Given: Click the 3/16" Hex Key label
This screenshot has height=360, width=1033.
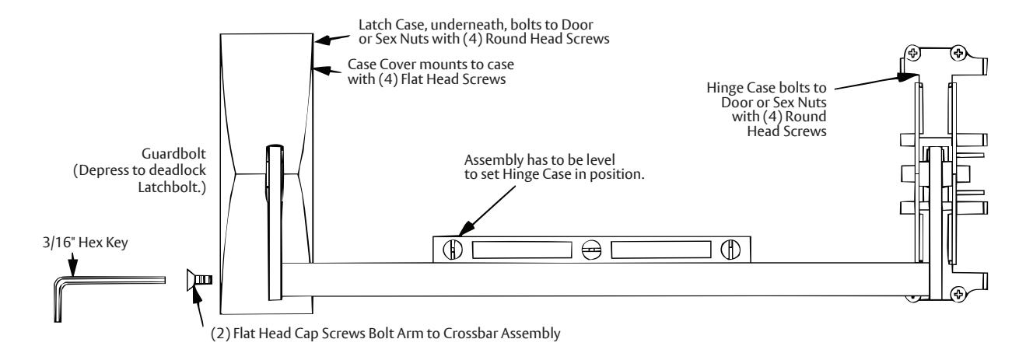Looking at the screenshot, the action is pos(86,243).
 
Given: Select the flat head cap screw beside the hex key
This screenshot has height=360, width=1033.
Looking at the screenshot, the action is pos(199,280).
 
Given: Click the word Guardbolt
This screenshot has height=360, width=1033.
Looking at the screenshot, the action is pos(173,153).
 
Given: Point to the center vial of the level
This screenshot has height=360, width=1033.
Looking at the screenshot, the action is pos(591,250).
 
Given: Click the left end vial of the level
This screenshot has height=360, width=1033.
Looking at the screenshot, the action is pos(453,250).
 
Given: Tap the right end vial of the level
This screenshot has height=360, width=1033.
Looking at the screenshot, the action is pos(730,250).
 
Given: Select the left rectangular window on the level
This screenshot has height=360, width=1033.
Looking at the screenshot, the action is pos(522,250).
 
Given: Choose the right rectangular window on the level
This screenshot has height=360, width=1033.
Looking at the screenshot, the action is pos(661,250).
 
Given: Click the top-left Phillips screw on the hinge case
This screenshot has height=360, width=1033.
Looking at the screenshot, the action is pos(912,53).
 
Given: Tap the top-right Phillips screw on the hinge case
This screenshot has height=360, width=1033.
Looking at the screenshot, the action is pos(958,53).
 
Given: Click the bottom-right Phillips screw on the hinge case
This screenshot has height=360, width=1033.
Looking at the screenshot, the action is pos(958,294).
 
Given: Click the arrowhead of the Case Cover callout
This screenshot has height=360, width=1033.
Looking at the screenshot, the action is pos(322,71).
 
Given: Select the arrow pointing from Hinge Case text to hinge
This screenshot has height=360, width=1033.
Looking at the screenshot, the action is pos(874,82).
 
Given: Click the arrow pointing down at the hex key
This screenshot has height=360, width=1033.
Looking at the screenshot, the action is pos(72,266).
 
